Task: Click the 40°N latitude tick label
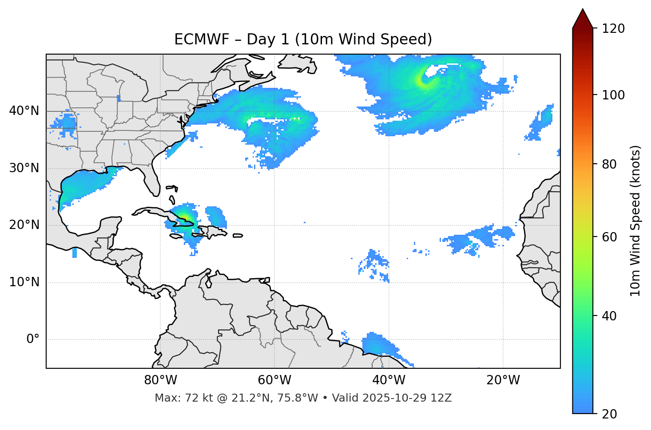pos(24,111)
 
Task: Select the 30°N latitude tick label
pos(24,168)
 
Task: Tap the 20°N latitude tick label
pos(24,225)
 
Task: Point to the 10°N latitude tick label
pos(24,282)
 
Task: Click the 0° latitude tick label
pos(33,339)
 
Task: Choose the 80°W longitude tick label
pos(160,380)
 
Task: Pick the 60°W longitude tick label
pos(274,380)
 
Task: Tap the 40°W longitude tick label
pos(389,380)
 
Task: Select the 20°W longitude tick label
pos(503,380)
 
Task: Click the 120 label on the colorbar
pos(613,29)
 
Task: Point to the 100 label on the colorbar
pos(613,95)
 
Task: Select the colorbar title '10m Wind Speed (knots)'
pos(635,221)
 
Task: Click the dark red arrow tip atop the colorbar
pos(582,17)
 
